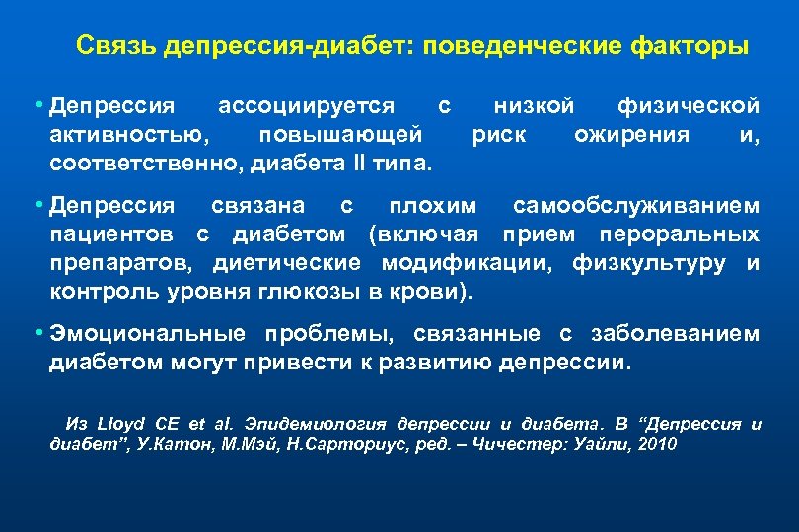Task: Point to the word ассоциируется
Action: (x=306, y=104)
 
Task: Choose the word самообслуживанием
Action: (x=636, y=206)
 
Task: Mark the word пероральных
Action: (x=690, y=234)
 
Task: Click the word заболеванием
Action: (x=677, y=334)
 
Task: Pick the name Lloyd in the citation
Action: (x=115, y=424)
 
